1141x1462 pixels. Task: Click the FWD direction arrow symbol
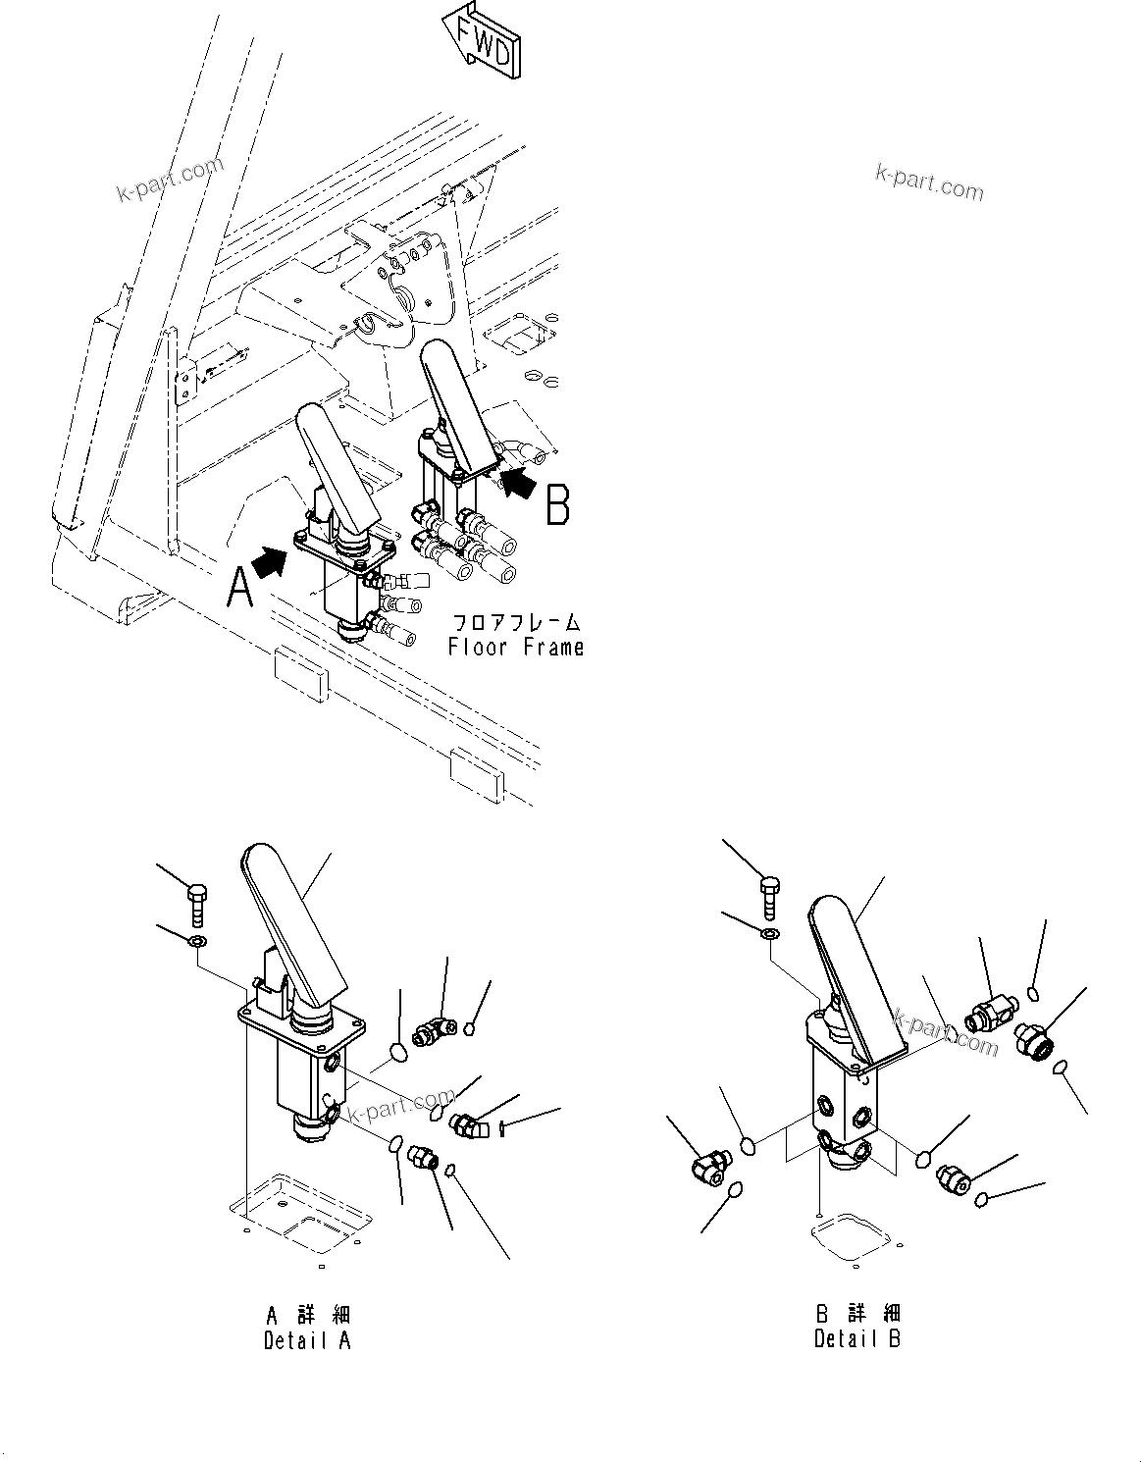click(x=482, y=40)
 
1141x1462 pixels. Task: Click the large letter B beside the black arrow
click(x=557, y=506)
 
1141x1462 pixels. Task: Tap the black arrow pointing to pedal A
click(x=268, y=562)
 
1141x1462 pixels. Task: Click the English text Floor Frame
click(x=516, y=647)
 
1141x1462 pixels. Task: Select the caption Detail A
click(x=306, y=1340)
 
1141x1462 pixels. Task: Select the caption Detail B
click(x=856, y=1338)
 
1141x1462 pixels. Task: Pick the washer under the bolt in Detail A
click(x=197, y=943)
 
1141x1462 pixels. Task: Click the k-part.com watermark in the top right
click(x=928, y=183)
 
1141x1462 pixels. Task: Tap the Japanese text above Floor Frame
click(x=516, y=622)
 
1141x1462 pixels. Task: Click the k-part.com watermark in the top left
click(x=169, y=180)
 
